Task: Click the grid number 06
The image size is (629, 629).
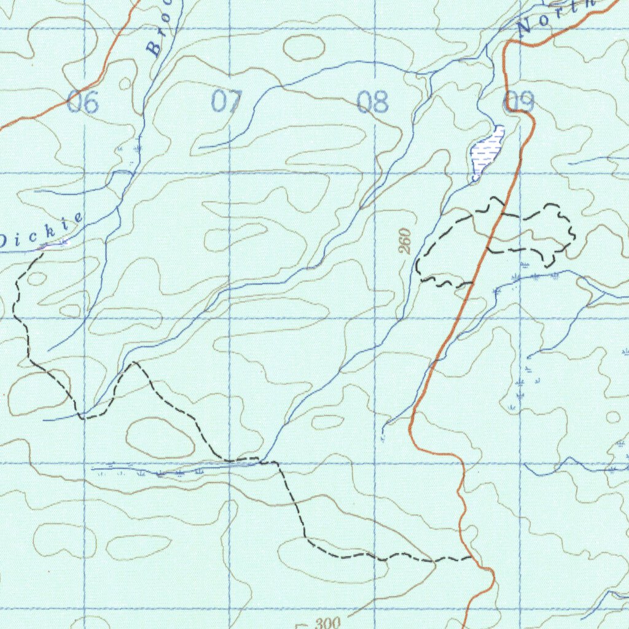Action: point(82,102)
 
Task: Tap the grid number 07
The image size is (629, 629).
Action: point(227,101)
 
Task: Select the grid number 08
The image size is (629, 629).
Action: point(373,102)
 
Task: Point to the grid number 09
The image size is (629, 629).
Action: point(519,102)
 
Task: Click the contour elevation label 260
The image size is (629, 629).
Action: point(404,241)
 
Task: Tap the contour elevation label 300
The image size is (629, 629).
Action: point(327,623)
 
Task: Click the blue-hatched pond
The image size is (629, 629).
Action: point(487,153)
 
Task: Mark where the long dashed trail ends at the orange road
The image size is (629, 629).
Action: point(471,558)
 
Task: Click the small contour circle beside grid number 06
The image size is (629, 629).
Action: point(125,84)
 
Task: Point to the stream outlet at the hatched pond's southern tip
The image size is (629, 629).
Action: point(475,179)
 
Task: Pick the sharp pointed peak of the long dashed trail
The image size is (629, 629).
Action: point(133,363)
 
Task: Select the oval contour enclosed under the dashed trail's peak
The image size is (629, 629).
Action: point(160,437)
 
